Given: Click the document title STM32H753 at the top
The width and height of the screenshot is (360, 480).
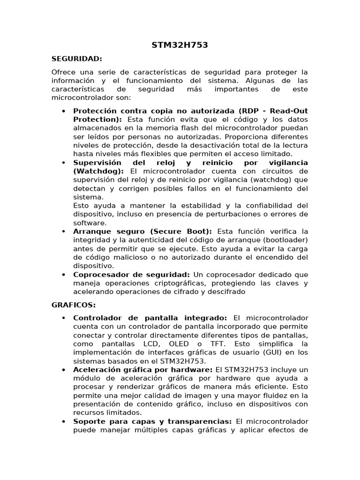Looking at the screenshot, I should (x=180, y=45).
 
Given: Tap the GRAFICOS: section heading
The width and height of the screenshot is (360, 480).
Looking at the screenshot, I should (x=73, y=305).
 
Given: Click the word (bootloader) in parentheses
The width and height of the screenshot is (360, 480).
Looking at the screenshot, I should (x=282, y=240).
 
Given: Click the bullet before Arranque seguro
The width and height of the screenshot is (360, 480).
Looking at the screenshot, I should (x=63, y=232).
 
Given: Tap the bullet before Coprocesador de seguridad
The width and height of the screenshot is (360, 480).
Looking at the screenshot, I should (x=63, y=275).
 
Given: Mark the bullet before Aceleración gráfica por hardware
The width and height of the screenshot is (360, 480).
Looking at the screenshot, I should (x=63, y=369).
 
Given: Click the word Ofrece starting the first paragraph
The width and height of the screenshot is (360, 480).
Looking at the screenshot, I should (x=63, y=72).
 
